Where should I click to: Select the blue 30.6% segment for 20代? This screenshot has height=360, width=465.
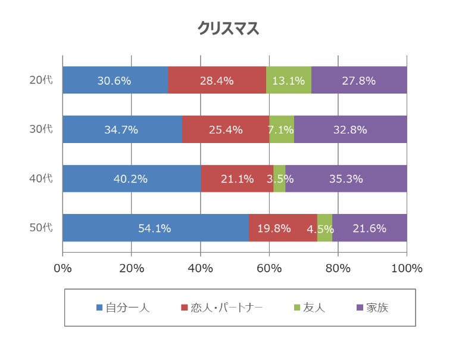(115, 80)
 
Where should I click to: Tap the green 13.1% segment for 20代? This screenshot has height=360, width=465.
(289, 80)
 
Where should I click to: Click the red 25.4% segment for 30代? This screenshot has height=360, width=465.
(226, 129)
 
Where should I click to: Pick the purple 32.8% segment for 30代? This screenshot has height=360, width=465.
(351, 129)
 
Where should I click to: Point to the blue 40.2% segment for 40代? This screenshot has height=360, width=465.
(132, 178)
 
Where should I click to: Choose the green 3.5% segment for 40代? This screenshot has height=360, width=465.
(279, 178)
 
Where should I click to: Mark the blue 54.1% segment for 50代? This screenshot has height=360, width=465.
(155, 228)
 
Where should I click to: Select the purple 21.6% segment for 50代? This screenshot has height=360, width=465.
(370, 228)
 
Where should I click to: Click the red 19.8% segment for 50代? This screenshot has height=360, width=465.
(283, 228)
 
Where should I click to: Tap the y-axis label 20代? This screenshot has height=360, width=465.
(41, 80)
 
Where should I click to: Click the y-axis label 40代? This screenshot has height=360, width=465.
(41, 178)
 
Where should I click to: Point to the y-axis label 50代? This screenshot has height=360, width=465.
(41, 228)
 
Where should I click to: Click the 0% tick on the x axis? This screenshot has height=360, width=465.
(63, 268)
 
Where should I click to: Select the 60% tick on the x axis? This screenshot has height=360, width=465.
(269, 268)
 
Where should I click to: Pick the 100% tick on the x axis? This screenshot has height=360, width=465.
(407, 268)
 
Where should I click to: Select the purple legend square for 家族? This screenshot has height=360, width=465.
(359, 308)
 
